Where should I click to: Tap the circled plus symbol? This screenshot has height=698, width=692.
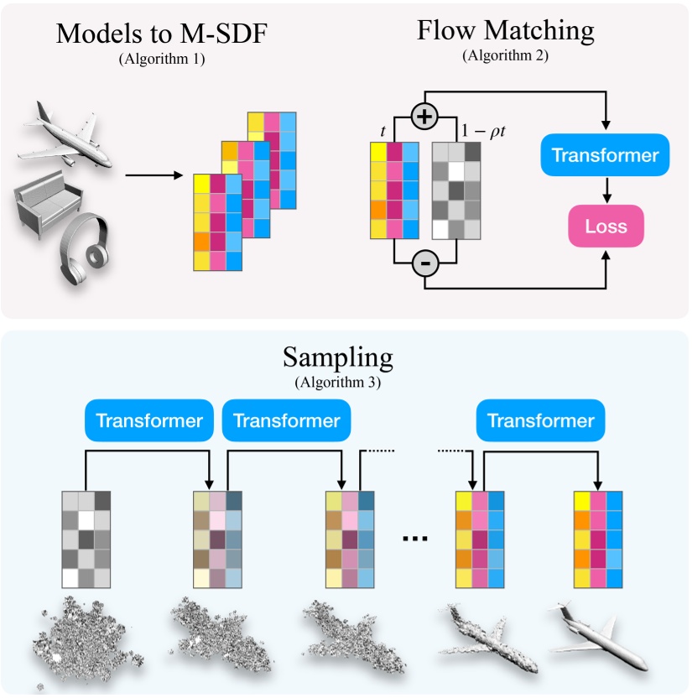[x=425, y=117]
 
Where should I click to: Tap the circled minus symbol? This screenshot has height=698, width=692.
[x=425, y=265]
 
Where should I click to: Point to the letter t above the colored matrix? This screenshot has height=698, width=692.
[x=382, y=131]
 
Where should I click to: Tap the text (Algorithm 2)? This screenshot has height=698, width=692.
[x=505, y=55]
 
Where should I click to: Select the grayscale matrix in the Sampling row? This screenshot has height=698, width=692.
[x=86, y=539]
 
